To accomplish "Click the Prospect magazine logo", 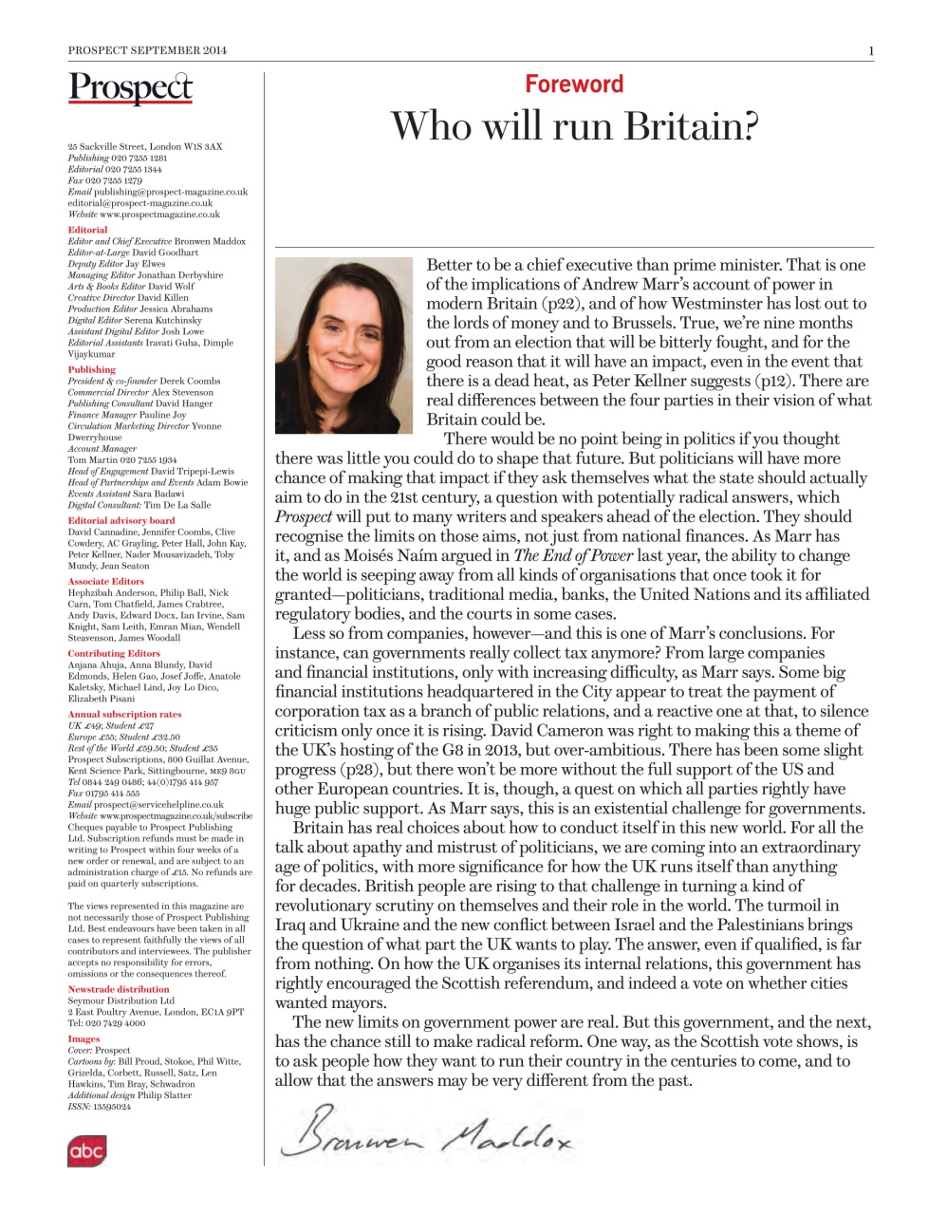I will point(130,87).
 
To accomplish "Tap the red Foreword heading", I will point(574,84).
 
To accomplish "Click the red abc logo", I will point(86,1150).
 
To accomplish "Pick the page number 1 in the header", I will point(870,50).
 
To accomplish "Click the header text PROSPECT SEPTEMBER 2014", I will point(147,50).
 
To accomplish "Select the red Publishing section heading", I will point(91,369).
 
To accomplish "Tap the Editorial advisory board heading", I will point(121,520).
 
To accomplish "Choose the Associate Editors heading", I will point(105,581).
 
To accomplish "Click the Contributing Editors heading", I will point(113,653).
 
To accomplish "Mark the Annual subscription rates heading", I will point(124,714).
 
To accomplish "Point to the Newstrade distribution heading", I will point(118,989).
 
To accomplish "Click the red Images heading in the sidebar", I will point(84,1038).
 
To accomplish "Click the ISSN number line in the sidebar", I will point(99,1107).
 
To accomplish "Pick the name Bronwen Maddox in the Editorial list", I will point(210,241).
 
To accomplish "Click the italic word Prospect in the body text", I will point(303,516).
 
